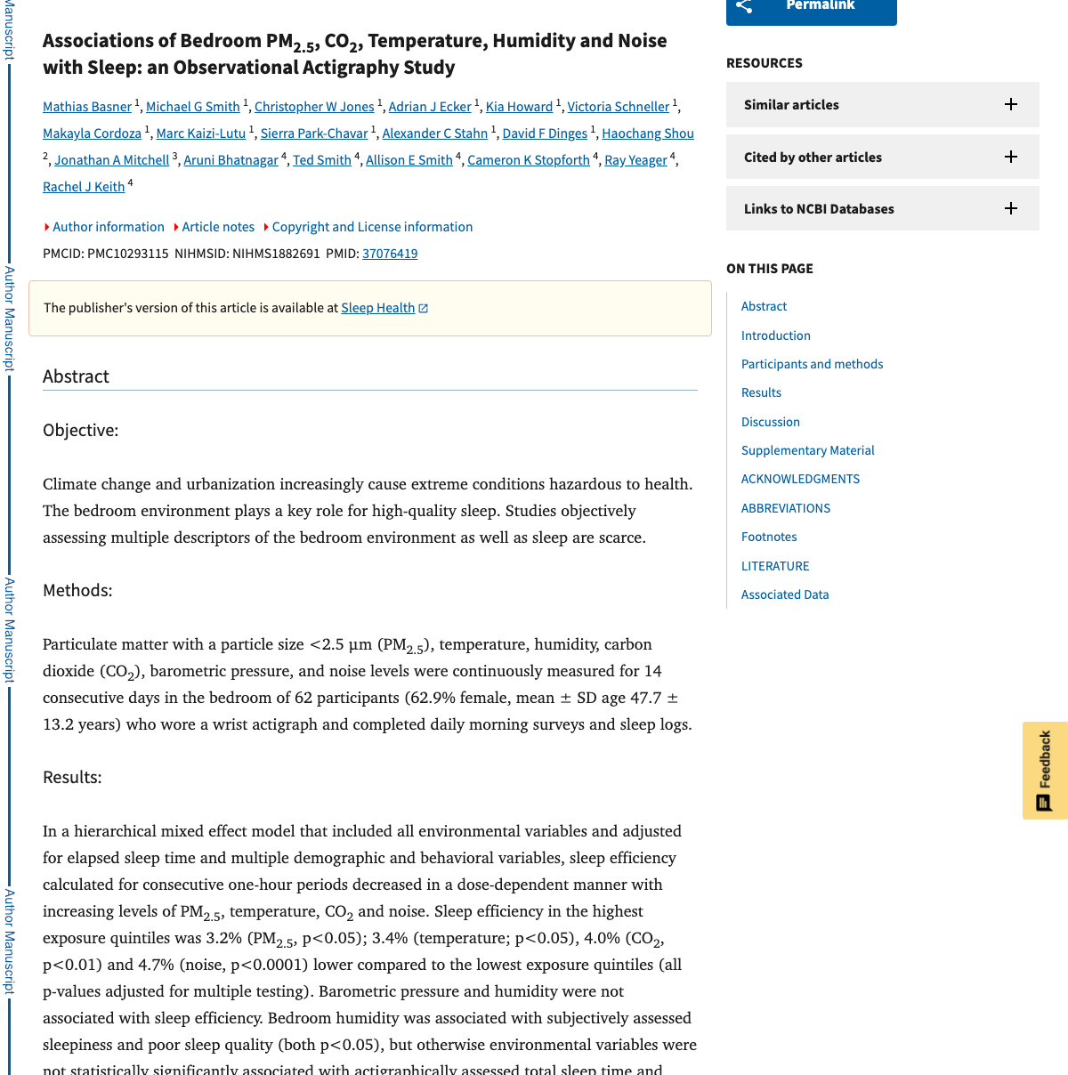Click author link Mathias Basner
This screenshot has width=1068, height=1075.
[x=87, y=107]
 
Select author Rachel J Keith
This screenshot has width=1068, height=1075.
[x=84, y=187]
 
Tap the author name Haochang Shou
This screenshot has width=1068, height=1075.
[x=647, y=133]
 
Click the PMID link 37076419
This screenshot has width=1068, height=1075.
[x=390, y=254]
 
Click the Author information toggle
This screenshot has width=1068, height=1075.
[x=108, y=227]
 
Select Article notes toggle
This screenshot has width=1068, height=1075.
[x=217, y=227]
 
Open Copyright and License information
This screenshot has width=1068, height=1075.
[x=372, y=227]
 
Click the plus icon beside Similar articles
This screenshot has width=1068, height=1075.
[x=1011, y=104]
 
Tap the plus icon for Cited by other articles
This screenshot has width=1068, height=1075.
[x=1011, y=157]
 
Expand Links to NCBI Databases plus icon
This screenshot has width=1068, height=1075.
[x=1011, y=208]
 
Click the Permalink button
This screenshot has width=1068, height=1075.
[x=811, y=7]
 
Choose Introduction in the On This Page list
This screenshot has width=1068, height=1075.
[x=776, y=335]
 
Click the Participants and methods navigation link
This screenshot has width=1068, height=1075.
[x=812, y=364]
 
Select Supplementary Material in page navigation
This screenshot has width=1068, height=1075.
[x=807, y=450]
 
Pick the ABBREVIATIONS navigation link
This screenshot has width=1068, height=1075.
[x=785, y=508]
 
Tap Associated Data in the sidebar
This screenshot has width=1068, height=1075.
[x=784, y=594]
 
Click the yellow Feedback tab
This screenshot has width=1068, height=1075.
[x=1045, y=770]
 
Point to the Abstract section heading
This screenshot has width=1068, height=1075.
[x=76, y=376]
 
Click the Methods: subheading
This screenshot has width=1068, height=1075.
[x=77, y=591]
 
